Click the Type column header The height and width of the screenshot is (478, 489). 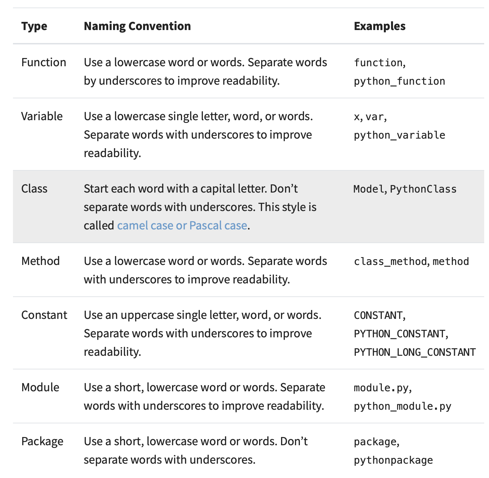(34, 26)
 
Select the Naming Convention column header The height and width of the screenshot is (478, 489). (137, 26)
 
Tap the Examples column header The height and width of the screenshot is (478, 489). (380, 26)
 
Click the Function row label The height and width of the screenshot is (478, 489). (44, 62)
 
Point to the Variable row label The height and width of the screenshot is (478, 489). (42, 116)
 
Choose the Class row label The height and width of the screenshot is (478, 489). (34, 189)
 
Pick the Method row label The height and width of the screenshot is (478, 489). (41, 261)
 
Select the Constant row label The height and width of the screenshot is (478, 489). (44, 315)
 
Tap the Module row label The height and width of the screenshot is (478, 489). (40, 388)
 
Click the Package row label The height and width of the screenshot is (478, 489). (42, 441)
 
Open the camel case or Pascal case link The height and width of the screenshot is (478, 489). (182, 226)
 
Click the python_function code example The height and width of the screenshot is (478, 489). (400, 81)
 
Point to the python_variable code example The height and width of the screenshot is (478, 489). (400, 135)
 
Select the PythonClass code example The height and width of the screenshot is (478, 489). (423, 189)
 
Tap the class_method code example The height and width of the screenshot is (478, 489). (391, 262)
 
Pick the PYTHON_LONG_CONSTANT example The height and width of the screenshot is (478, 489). (415, 352)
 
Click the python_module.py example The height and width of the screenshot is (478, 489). (403, 406)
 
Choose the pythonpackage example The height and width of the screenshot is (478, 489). (393, 460)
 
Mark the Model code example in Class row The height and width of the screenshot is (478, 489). (369, 189)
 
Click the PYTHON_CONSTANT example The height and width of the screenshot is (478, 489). (400, 334)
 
